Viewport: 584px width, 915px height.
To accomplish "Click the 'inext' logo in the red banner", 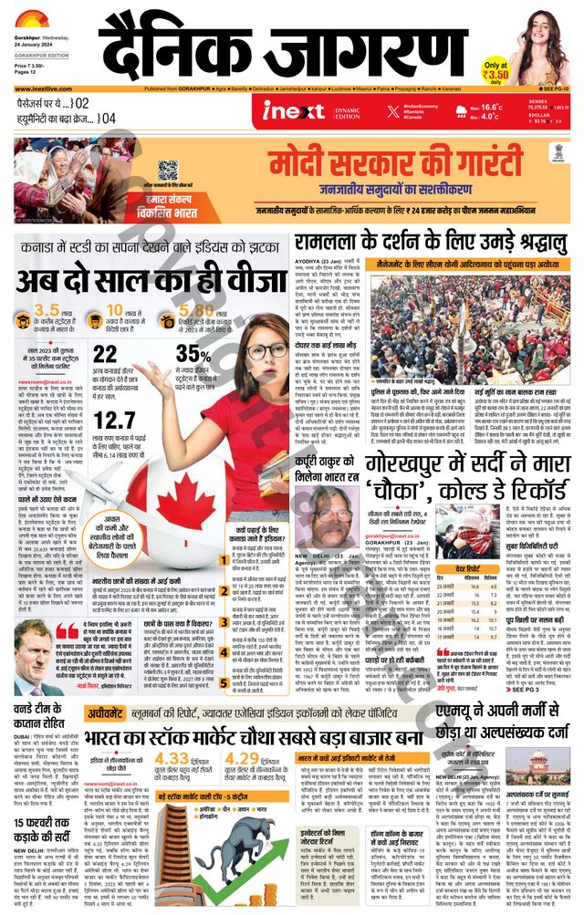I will click(294, 112).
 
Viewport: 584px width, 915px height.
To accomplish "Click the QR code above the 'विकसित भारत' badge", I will click(167, 170).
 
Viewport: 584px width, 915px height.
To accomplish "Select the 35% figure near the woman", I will click(195, 354).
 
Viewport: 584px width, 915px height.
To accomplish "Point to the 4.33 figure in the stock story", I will click(173, 759).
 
